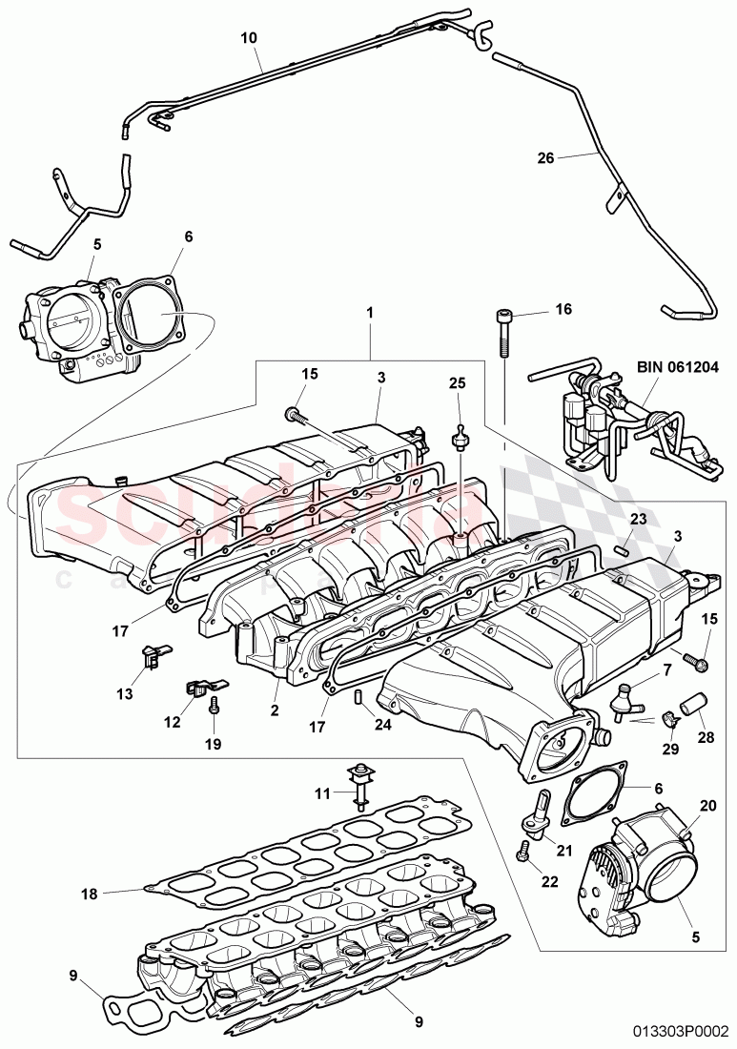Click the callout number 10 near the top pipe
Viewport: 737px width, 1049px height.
pos(248,38)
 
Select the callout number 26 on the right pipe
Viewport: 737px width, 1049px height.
pos(545,158)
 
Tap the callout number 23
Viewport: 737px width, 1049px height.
pos(637,519)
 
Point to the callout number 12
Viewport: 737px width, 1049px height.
pos(172,722)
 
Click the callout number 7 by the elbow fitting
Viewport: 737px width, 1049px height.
pos(668,671)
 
